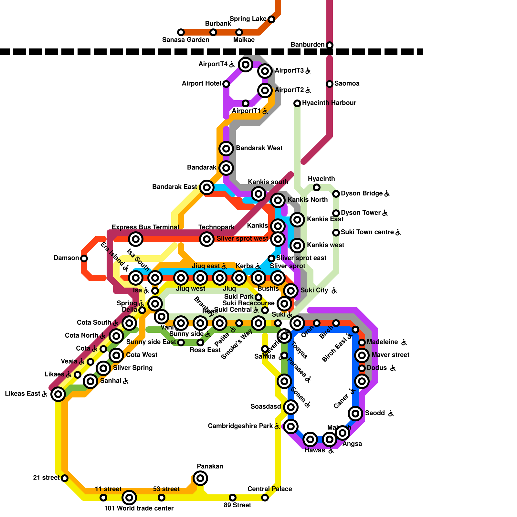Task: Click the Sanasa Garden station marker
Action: click(x=181, y=32)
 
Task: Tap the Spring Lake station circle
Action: click(x=271, y=19)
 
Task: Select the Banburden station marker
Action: click(x=329, y=45)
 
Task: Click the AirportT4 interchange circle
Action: click(x=246, y=65)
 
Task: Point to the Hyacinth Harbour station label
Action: click(x=329, y=103)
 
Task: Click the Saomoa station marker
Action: click(x=329, y=84)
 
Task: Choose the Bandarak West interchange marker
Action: click(x=226, y=149)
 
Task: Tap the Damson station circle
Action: click(x=84, y=258)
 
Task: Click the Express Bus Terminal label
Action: click(x=145, y=227)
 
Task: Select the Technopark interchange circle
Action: click(x=207, y=239)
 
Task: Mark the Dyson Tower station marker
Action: click(x=336, y=213)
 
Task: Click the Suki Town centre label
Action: click(x=367, y=232)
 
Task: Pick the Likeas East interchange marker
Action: click(x=58, y=394)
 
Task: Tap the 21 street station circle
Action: click(x=65, y=478)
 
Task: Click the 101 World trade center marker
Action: click(x=129, y=498)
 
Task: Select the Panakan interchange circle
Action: click(x=200, y=478)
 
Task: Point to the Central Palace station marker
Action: click(x=265, y=498)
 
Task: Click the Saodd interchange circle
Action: click(x=355, y=414)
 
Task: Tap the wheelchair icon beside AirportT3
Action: click(x=308, y=71)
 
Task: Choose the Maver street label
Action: click(x=390, y=355)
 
